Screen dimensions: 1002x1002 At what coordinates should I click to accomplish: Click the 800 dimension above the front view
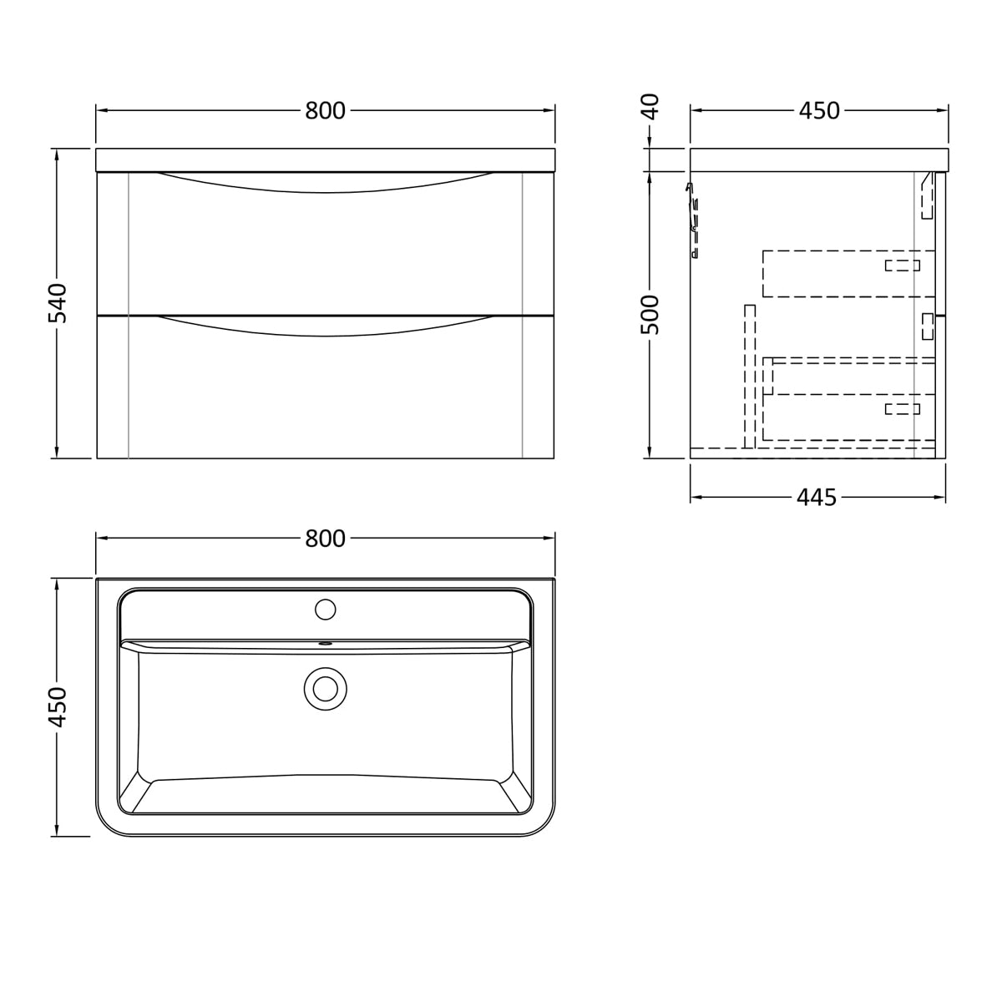point(325,111)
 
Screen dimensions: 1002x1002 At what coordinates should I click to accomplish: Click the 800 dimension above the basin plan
point(325,539)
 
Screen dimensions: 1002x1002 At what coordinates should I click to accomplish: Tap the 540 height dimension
point(58,303)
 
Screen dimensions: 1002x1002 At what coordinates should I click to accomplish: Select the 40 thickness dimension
point(650,107)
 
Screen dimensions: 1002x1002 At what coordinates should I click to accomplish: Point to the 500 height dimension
point(650,315)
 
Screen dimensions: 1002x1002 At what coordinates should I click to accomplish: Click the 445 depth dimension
point(817,498)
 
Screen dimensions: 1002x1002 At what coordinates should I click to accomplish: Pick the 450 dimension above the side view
point(819,111)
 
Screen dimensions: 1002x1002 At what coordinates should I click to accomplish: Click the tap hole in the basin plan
point(326,609)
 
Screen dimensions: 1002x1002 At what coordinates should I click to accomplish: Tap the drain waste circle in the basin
point(326,688)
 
